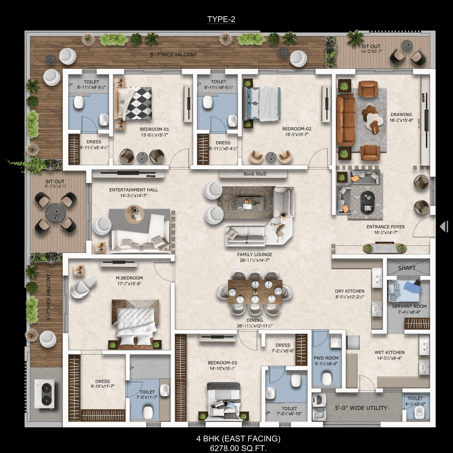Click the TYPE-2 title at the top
pyautogui.click(x=221, y=19)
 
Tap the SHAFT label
pyautogui.click(x=407, y=268)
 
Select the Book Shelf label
pyautogui.click(x=255, y=174)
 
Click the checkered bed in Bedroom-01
pyautogui.click(x=136, y=103)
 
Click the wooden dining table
pyautogui.click(x=255, y=291)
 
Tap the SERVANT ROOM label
pyautogui.click(x=409, y=306)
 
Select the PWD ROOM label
pyautogui.click(x=326, y=358)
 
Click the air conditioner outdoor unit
pyautogui.click(x=45, y=394)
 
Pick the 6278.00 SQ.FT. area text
pyautogui.click(x=238, y=448)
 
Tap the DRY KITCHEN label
pyautogui.click(x=349, y=291)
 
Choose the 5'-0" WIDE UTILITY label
pyautogui.click(x=361, y=408)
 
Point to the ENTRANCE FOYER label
pyautogui.click(x=385, y=227)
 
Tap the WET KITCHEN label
pyautogui.click(x=389, y=352)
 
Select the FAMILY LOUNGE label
pyautogui.click(x=254, y=254)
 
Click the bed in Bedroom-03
pyautogui.click(x=223, y=400)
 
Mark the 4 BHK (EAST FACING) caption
pyautogui.click(x=238, y=439)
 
